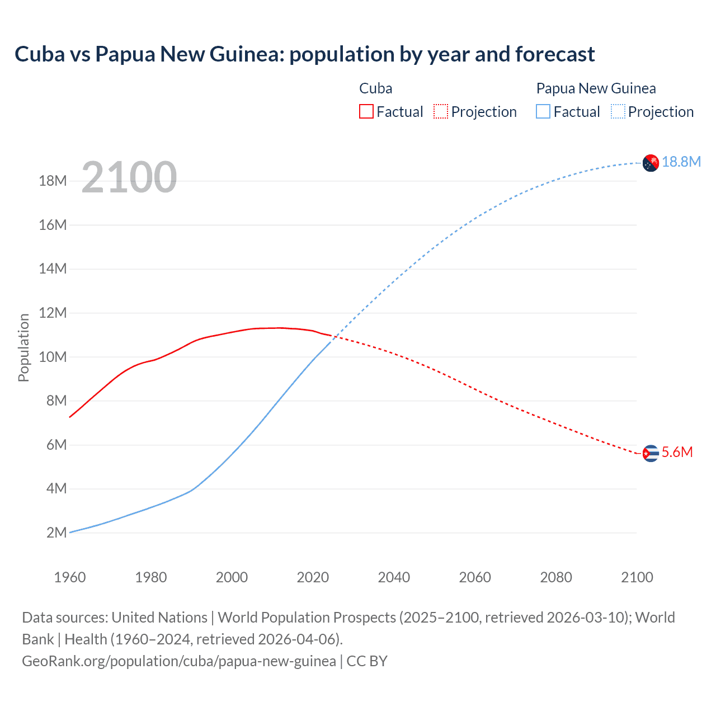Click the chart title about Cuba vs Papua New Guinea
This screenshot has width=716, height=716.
point(304,54)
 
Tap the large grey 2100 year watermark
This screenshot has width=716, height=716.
point(129,177)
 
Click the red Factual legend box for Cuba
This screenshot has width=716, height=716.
point(366,111)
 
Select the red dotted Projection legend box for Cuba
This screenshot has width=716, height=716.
point(441,111)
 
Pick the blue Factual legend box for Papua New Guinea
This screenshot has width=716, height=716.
point(543,111)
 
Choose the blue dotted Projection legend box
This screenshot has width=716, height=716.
point(618,111)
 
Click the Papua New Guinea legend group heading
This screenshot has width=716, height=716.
point(596,88)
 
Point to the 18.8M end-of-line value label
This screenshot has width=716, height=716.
point(681,162)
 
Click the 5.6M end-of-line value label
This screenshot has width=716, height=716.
point(677,452)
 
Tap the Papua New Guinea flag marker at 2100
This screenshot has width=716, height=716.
point(651,163)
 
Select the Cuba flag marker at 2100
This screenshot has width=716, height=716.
point(651,453)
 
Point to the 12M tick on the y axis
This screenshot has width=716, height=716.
point(53,313)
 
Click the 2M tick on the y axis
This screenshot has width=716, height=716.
point(56,533)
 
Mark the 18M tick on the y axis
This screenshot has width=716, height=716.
point(53,181)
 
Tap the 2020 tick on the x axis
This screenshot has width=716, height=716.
point(313,577)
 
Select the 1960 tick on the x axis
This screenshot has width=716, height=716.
point(70,577)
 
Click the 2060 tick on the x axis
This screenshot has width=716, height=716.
point(475,577)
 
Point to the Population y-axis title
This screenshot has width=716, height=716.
point(23,347)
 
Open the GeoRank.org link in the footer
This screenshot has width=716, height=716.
point(179,661)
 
